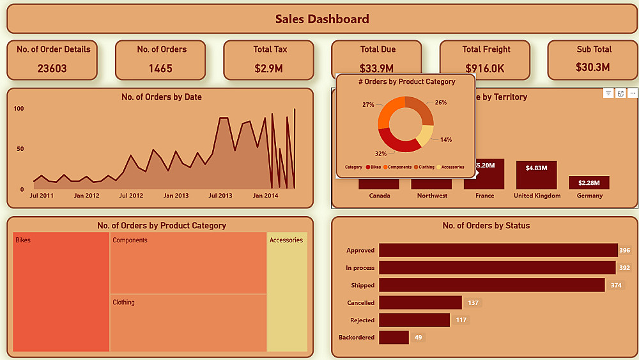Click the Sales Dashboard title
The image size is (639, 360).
pyautogui.click(x=322, y=19)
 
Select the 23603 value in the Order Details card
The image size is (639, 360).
pyautogui.click(x=52, y=68)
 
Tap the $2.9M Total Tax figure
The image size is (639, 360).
pyautogui.click(x=268, y=68)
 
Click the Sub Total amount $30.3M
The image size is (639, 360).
pyautogui.click(x=594, y=67)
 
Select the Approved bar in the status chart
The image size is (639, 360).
pyautogui.click(x=498, y=251)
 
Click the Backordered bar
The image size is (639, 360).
pyautogui.click(x=394, y=337)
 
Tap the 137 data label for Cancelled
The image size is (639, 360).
pyautogui.click(x=473, y=302)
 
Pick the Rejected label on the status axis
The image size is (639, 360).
pyautogui.click(x=362, y=320)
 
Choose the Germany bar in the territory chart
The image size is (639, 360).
pyautogui.click(x=589, y=183)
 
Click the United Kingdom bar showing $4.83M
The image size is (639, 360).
pyautogui.click(x=537, y=175)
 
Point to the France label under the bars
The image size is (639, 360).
pyautogui.click(x=485, y=196)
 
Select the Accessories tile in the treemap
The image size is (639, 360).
pyautogui.click(x=287, y=292)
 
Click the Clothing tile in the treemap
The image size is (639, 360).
pyautogui.click(x=189, y=323)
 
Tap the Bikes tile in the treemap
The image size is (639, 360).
pyautogui.click(x=61, y=292)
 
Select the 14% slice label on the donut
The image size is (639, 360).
pyautogui.click(x=445, y=139)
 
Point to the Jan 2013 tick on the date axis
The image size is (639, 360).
pyautogui.click(x=176, y=196)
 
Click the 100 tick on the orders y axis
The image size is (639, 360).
pyautogui.click(x=19, y=109)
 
